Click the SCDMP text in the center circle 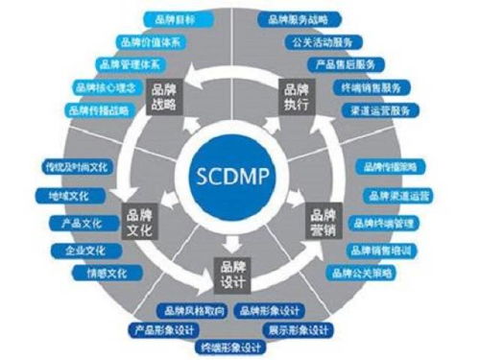[239, 180]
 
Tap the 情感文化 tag [104, 273]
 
